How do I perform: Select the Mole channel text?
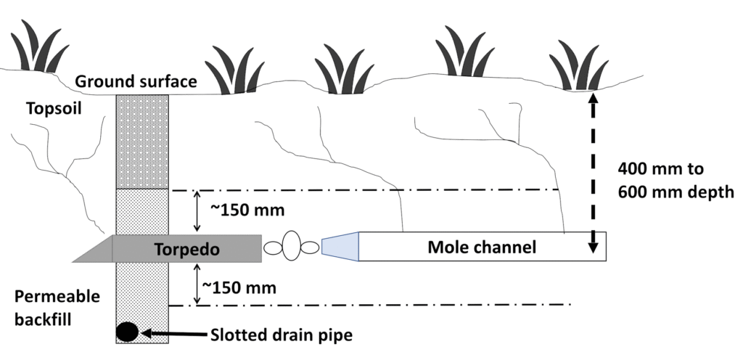(x=482, y=247)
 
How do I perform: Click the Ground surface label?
(x=136, y=81)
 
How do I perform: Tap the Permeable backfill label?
(x=48, y=308)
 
